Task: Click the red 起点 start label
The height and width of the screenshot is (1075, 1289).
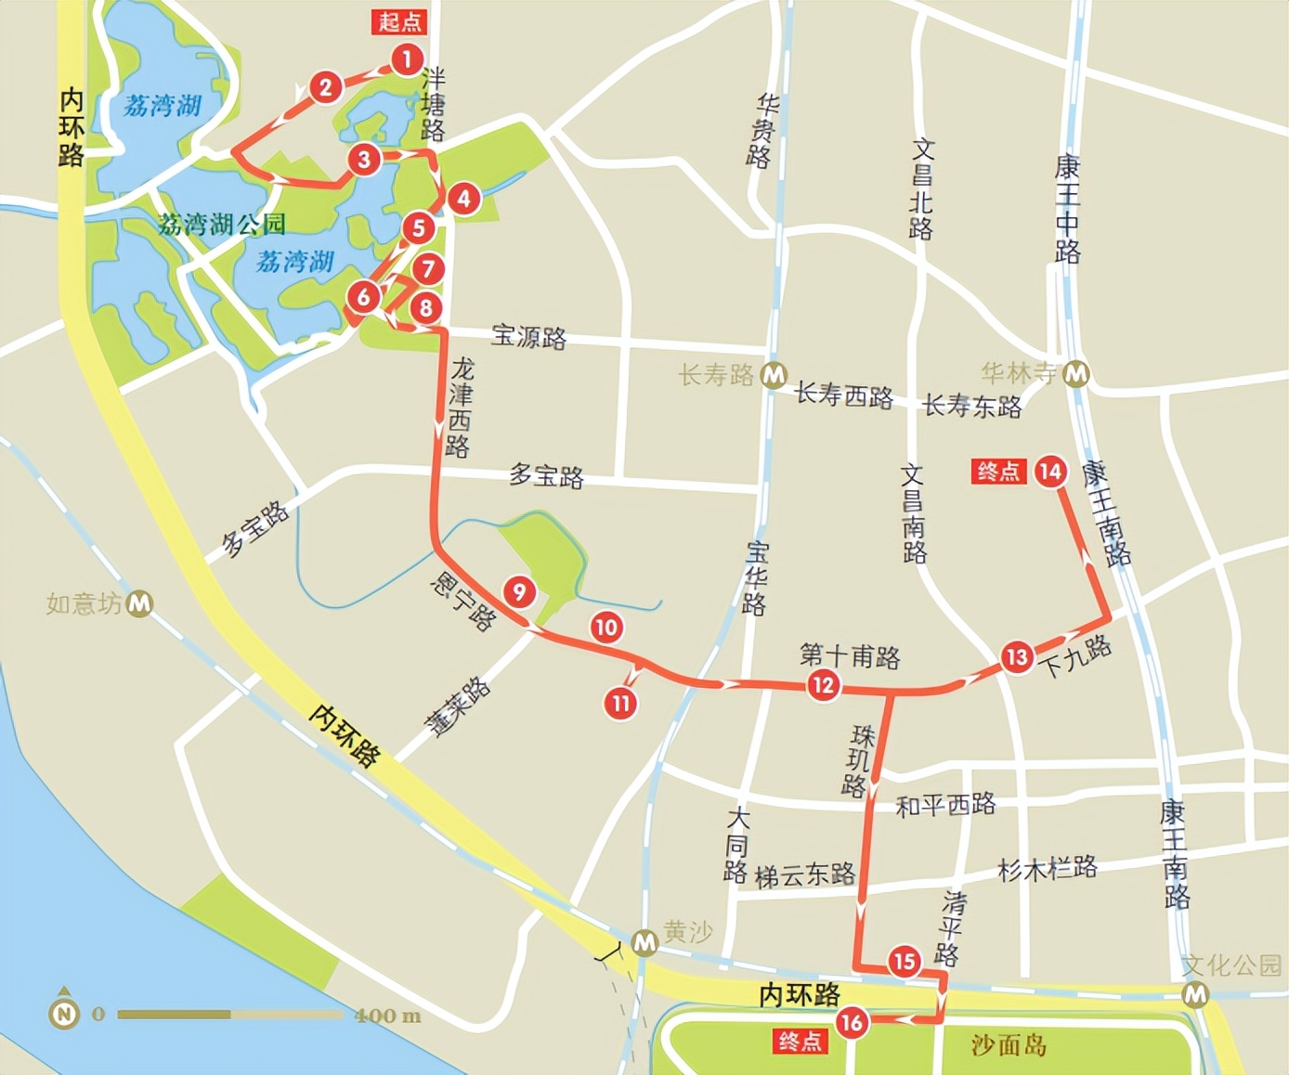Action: click(399, 21)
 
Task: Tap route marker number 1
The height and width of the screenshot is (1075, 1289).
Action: click(406, 60)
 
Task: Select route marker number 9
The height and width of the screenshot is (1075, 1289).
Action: click(519, 591)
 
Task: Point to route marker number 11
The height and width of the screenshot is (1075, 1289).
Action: click(620, 703)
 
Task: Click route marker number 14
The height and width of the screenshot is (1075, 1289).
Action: click(1050, 472)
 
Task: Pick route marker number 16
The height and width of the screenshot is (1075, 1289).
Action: click(851, 1023)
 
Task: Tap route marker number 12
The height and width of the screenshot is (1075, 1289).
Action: click(823, 685)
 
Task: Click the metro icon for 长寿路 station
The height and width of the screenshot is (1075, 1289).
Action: click(774, 375)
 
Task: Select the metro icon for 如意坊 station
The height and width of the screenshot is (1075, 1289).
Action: click(139, 603)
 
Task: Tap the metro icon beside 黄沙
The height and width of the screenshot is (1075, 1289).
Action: click(644, 943)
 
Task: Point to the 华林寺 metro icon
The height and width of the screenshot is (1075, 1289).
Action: click(1076, 373)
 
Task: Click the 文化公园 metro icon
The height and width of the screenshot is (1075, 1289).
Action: click(1196, 995)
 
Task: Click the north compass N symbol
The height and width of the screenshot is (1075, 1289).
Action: click(64, 1014)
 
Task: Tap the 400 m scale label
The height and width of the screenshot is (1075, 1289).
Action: click(387, 1016)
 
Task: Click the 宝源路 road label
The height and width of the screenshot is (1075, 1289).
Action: click(528, 336)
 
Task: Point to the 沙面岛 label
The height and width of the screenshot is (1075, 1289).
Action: click(1009, 1045)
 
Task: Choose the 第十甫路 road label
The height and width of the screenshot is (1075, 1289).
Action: click(850, 656)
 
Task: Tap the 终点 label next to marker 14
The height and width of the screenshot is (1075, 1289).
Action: click(998, 472)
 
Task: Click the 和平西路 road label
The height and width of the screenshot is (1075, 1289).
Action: click(945, 804)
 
